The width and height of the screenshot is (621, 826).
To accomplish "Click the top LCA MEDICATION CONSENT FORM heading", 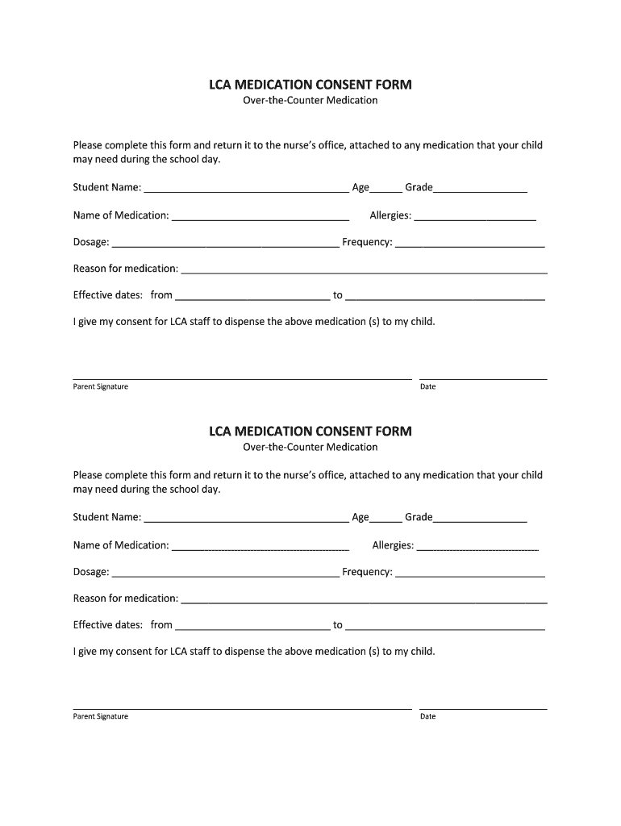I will click(310, 84).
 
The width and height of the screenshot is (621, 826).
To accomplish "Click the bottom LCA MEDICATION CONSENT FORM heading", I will click(310, 431).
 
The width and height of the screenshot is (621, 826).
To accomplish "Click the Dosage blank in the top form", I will click(226, 244).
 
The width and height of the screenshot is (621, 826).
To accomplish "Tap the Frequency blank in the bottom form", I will click(470, 574).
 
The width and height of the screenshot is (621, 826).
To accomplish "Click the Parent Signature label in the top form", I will click(101, 386).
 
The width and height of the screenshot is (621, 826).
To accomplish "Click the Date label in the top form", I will click(427, 386).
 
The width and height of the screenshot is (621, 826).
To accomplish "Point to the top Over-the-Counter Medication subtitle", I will click(310, 101).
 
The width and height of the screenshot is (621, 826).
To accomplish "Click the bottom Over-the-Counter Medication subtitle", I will click(310, 447).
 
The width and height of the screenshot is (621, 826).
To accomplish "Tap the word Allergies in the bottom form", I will click(393, 545).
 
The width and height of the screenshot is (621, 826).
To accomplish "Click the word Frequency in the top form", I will click(367, 242).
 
